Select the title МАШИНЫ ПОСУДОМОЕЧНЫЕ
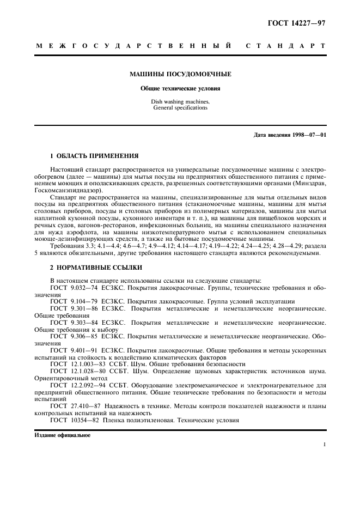(180, 74)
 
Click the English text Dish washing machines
(180, 102)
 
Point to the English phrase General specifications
(180, 108)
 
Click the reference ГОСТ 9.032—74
(74, 287)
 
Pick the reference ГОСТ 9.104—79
(74, 301)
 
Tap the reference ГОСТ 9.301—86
(74, 308)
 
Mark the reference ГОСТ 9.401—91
(74, 350)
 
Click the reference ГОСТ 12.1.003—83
(76, 364)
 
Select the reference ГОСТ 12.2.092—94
(76, 385)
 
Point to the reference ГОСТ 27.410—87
(74, 406)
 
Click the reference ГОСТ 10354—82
(74, 420)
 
